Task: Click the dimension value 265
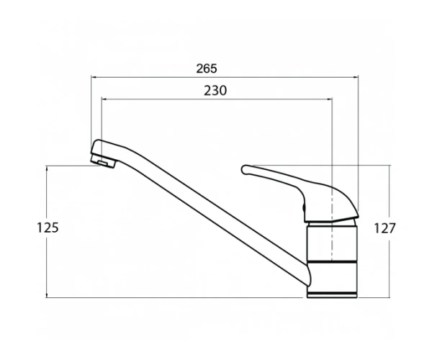coord(207,68)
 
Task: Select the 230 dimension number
coord(215,91)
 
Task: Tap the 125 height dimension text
coord(48,228)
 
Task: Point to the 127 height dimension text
coord(384,228)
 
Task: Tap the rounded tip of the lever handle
coord(245,170)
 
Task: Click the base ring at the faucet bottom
coord(332,294)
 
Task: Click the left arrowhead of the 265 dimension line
coord(94,77)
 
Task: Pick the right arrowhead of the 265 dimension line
coord(356,77)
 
